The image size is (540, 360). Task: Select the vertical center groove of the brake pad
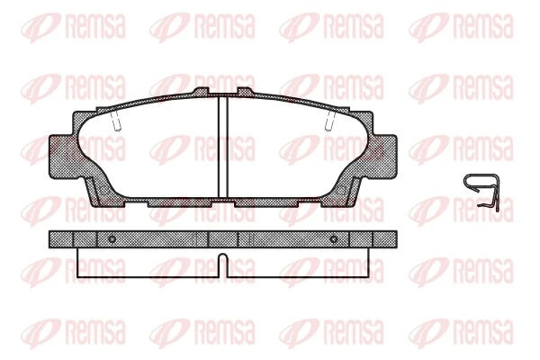coord(222,147)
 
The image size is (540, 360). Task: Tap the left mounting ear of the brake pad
coord(61,150)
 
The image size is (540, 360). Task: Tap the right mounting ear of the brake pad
coord(383,150)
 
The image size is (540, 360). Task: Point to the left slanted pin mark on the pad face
coord(114,121)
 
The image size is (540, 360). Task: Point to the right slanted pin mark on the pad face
coord(330,121)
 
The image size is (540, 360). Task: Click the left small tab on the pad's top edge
coord(201,91)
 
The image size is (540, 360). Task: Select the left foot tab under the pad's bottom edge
coord(171,202)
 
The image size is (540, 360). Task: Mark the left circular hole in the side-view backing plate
coord(111,239)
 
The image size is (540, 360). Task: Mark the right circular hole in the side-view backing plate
coord(333,239)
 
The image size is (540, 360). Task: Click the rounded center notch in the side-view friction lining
coord(222,264)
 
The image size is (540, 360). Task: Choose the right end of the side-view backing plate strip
coord(390,239)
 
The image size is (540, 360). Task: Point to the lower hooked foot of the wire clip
coord(490,208)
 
